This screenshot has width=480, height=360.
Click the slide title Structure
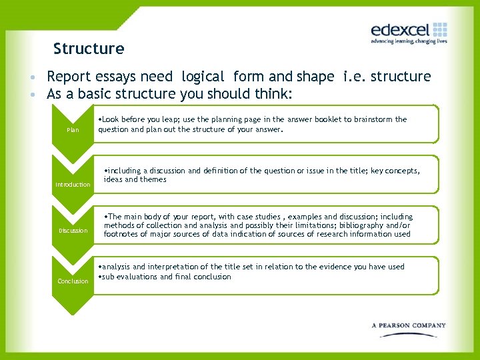[89, 49]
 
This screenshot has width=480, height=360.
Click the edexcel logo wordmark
[400, 30]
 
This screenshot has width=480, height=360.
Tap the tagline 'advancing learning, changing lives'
[409, 41]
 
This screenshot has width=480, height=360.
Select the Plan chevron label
[73, 130]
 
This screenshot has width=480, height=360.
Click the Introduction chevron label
[73, 185]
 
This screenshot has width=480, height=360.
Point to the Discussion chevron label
[73, 231]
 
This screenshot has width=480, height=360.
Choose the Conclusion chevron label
[73, 281]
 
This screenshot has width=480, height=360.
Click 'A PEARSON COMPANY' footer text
[409, 325]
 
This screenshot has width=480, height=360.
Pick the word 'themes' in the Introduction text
[153, 179]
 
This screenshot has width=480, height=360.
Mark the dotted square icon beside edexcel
[440, 29]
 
